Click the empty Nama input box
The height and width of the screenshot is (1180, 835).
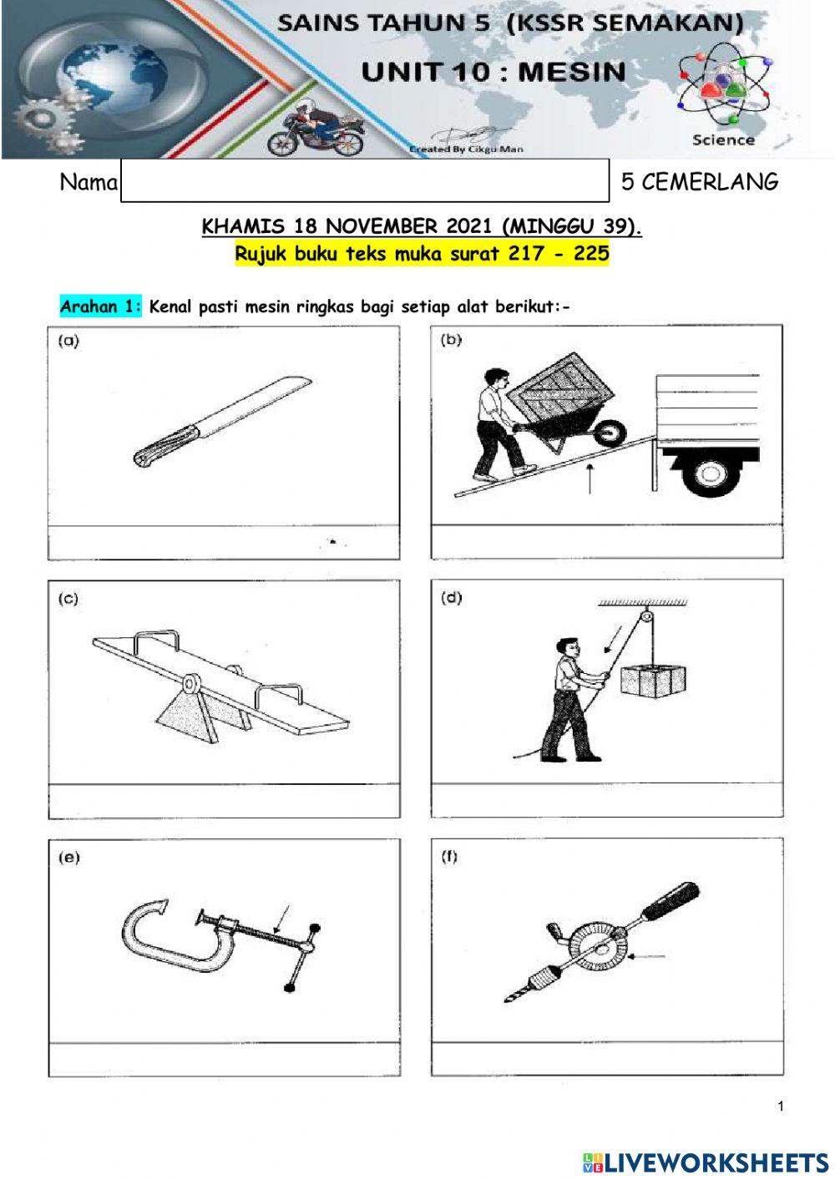(x=365, y=180)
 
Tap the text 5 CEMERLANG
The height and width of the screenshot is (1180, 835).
(x=699, y=182)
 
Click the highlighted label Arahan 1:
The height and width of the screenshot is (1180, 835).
(x=101, y=306)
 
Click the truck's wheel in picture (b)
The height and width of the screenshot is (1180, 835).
(x=708, y=474)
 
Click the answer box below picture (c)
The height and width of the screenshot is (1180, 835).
(x=224, y=802)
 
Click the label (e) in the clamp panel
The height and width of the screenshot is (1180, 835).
(x=68, y=858)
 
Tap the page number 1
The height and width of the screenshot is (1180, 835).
(x=781, y=1107)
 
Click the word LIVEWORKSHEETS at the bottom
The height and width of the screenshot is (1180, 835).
(x=715, y=1162)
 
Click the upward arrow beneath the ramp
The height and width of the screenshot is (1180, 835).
(x=590, y=479)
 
